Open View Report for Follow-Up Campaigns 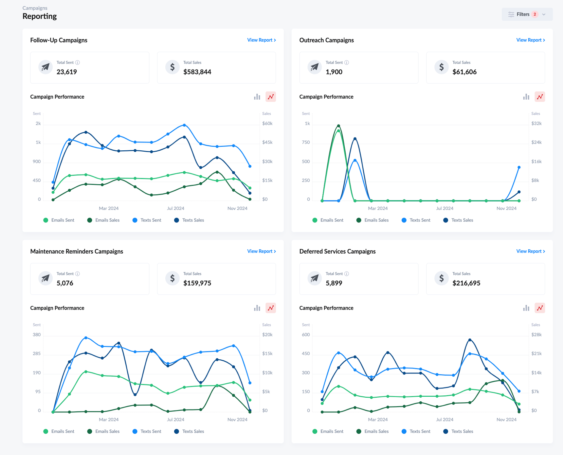point(261,40)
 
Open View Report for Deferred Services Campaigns point(530,251)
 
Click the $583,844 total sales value point(197,72)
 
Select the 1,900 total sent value point(334,72)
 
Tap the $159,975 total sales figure point(197,283)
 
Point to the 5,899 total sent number point(334,283)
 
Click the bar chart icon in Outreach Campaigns point(526,97)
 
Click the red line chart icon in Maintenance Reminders point(271,308)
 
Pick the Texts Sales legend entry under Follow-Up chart point(190,220)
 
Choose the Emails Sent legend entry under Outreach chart point(328,220)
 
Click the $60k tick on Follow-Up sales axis point(267,123)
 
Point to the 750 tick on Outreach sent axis point(306,142)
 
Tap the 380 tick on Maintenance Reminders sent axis point(37,335)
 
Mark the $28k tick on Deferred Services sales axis point(536,335)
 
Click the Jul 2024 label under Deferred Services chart point(445,420)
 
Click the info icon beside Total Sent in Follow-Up point(78,63)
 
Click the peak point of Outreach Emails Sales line point(338,126)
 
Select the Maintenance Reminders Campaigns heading point(77,251)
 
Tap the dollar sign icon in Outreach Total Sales point(441,67)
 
